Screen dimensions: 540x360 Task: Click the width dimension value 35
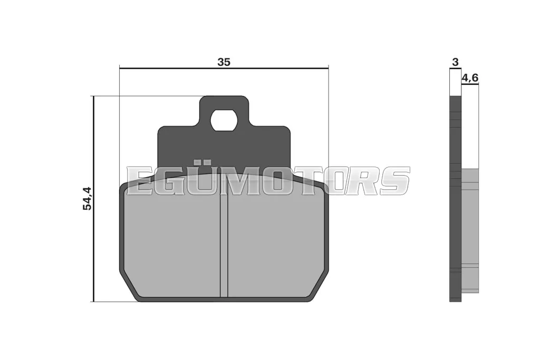(x=224, y=62)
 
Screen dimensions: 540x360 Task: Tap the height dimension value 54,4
(x=87, y=199)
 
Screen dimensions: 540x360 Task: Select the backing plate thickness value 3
(x=455, y=62)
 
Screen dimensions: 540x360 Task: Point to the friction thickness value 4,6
(x=470, y=78)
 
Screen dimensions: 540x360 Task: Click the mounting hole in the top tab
(x=224, y=121)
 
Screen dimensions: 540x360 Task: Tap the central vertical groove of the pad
(x=224, y=245)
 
